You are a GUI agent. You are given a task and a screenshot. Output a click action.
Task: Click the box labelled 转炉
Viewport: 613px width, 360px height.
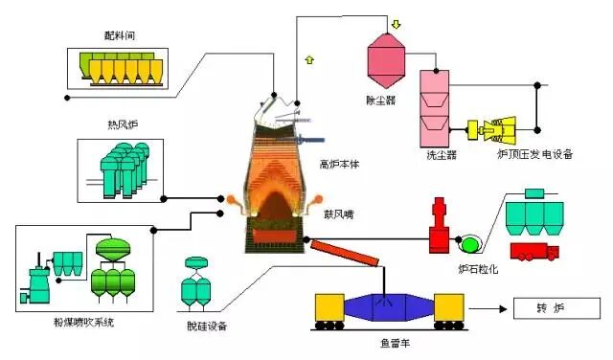click(x=556, y=309)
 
